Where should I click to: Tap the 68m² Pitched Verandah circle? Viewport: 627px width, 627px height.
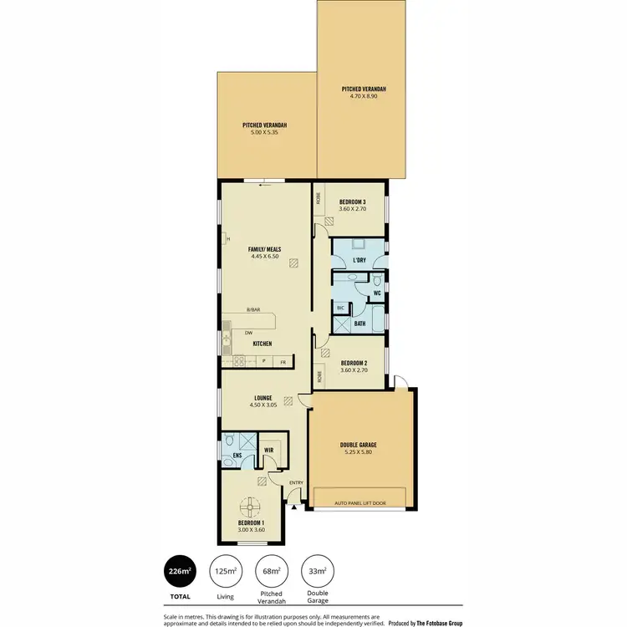click(270, 571)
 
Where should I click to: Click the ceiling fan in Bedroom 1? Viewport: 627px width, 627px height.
click(249, 507)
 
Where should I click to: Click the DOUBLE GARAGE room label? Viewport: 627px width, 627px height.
click(359, 445)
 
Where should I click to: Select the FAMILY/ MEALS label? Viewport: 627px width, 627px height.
click(264, 249)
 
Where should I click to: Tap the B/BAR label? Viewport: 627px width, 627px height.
click(253, 310)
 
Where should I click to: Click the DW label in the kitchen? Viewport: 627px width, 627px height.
click(248, 333)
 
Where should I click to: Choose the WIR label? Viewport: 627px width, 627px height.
click(268, 450)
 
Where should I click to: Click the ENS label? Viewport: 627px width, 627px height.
click(237, 456)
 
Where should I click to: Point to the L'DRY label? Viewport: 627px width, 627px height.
click(359, 261)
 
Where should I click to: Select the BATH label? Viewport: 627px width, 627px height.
click(359, 323)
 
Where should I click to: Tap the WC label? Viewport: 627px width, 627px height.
click(377, 293)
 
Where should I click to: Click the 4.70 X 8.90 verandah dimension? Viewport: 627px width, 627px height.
click(364, 96)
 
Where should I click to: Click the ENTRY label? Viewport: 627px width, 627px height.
click(296, 483)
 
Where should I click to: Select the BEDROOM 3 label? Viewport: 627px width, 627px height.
click(352, 201)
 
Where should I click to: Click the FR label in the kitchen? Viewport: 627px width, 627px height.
click(283, 361)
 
